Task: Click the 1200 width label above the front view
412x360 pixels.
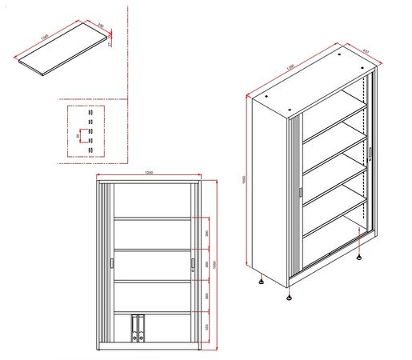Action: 149,173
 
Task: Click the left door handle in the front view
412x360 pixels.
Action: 110,266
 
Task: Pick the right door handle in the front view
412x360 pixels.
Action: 193,266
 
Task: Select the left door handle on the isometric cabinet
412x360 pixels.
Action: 299,192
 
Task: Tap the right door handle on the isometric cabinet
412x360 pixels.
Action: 370,152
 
